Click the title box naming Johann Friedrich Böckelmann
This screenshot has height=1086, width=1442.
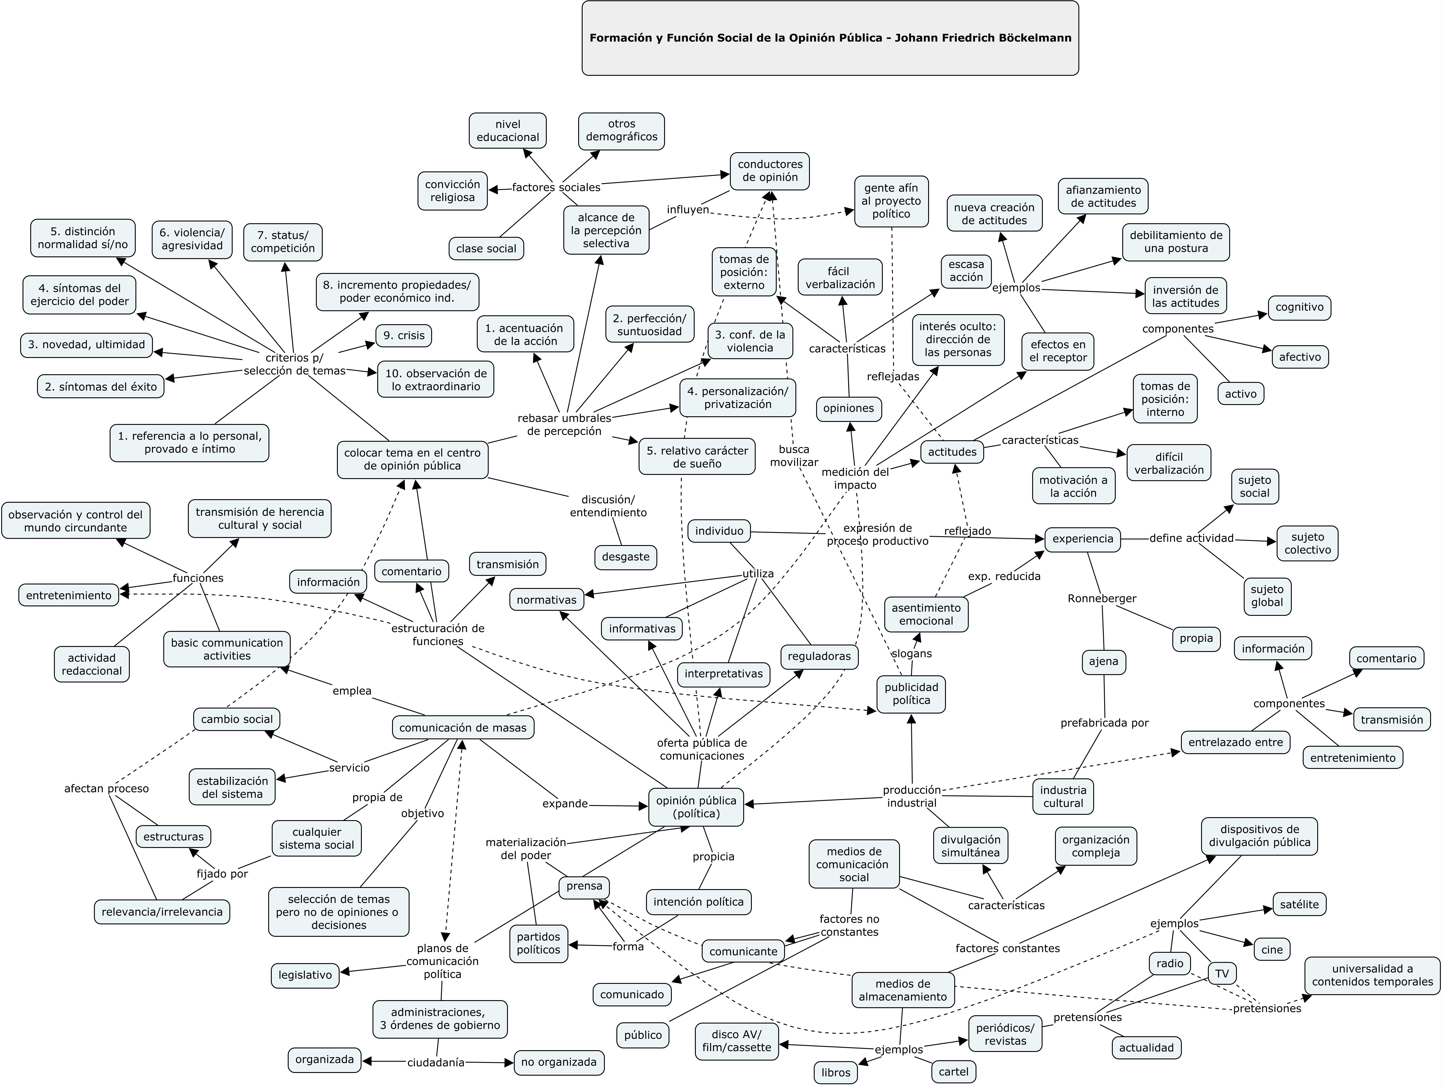tap(830, 38)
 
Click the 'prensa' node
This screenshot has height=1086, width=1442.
tap(584, 886)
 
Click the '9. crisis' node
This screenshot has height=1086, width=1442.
tap(404, 335)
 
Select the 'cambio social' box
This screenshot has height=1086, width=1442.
tap(237, 719)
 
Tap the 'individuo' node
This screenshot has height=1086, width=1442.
tap(719, 531)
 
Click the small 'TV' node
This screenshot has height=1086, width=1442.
tap(1222, 974)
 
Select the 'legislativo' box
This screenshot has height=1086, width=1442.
tap(305, 975)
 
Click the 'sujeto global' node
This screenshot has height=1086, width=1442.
tap(1267, 595)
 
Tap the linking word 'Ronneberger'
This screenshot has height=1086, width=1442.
tap(1102, 598)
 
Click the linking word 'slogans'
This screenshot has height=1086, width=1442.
tap(911, 653)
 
